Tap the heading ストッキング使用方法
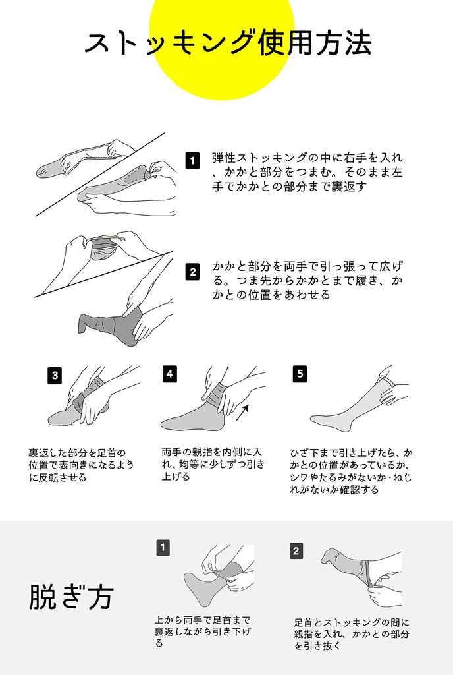(228, 43)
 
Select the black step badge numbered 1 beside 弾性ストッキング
(192, 161)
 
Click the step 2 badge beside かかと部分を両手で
(192, 272)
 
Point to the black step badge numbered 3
(55, 375)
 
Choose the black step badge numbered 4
(170, 374)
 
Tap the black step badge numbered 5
(300, 374)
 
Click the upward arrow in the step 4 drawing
(242, 413)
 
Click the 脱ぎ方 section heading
(71, 597)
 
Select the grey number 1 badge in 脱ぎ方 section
(163, 548)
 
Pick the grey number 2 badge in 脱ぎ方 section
(296, 551)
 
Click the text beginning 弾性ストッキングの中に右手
(307, 172)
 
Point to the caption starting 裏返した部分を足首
(81, 465)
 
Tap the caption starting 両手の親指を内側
(213, 464)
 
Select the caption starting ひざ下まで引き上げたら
(351, 471)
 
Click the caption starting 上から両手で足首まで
(202, 631)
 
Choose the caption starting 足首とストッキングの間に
(352, 633)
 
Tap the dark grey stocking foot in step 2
(109, 326)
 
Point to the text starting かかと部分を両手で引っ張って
(307, 280)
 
